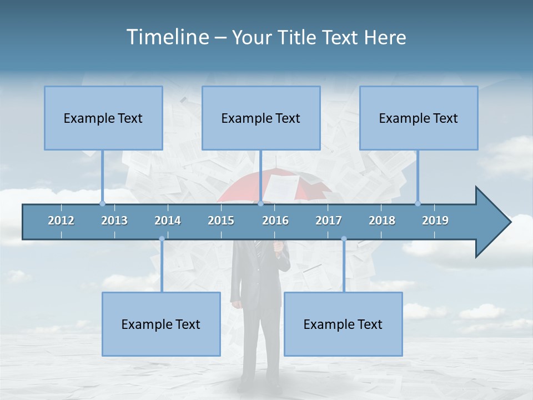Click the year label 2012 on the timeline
point(61,221)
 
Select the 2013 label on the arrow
point(114,221)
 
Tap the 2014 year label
point(168,221)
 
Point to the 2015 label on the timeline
point(221,221)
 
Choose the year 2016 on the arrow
point(275,221)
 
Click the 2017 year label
point(329,221)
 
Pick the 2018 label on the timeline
point(382,221)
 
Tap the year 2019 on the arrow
point(435,221)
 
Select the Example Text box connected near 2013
point(103,118)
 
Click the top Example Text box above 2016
point(261,118)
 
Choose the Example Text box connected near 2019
point(419,118)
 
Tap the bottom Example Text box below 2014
point(161,324)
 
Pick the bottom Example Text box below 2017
point(343,324)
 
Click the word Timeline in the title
point(167,37)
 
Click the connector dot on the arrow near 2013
point(102,203)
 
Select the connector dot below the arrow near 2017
point(344,239)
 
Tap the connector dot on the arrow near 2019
point(418,203)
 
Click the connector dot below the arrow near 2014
point(162,239)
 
